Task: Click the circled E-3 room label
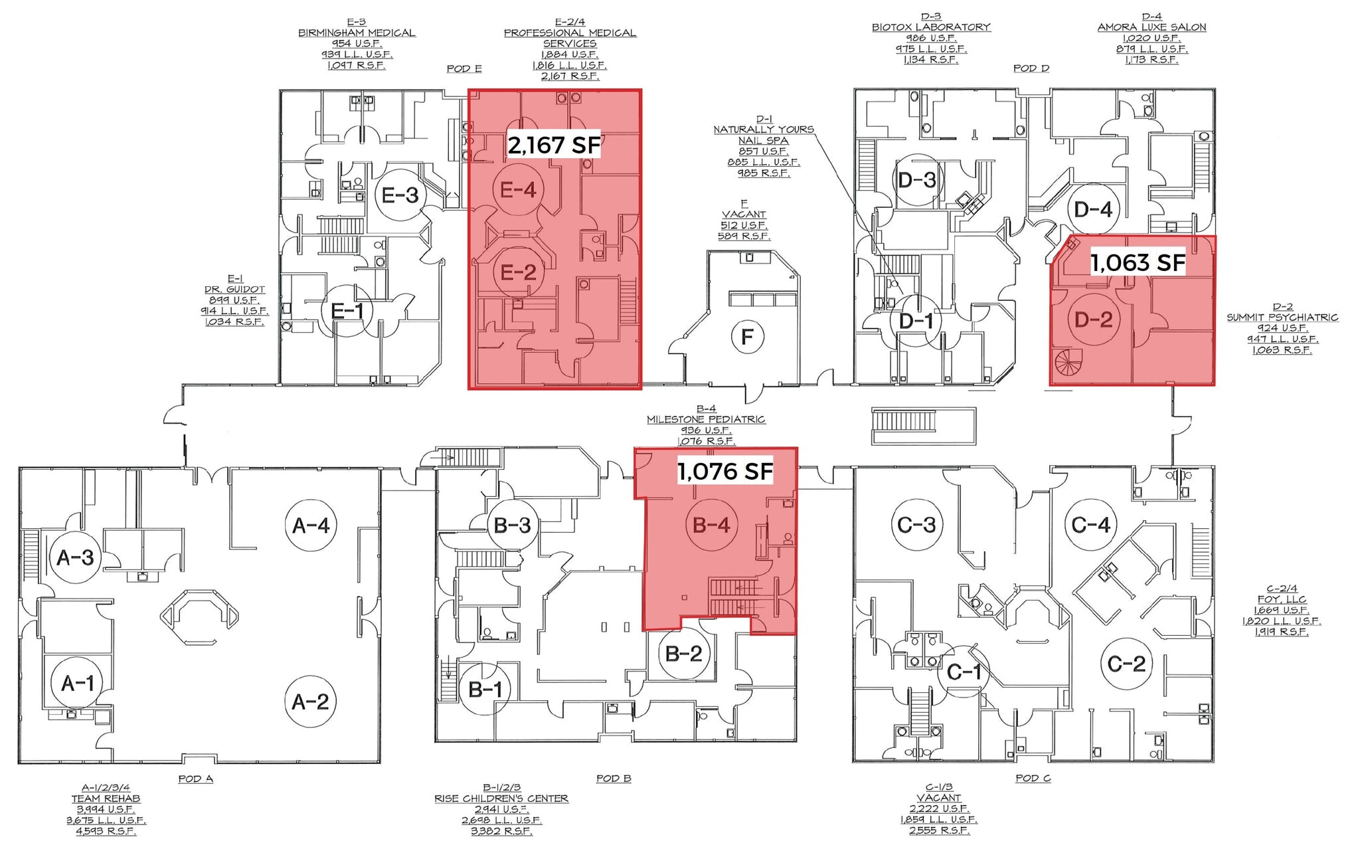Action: click(x=400, y=195)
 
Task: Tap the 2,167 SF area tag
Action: click(x=554, y=145)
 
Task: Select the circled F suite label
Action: click(x=747, y=337)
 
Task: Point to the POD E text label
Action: click(x=464, y=69)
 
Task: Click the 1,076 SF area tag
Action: click(x=724, y=472)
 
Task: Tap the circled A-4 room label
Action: click(x=310, y=525)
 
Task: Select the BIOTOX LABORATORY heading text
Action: click(x=930, y=27)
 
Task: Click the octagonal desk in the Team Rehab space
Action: click(x=199, y=616)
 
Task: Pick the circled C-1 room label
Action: click(x=963, y=672)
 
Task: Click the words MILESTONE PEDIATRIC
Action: click(x=706, y=420)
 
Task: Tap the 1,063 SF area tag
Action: click(x=1138, y=263)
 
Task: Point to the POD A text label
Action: click(x=195, y=779)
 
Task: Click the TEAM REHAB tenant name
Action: click(x=106, y=799)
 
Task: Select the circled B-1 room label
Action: click(x=485, y=689)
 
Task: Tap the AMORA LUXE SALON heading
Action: click(x=1151, y=27)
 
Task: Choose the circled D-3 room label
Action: click(x=916, y=180)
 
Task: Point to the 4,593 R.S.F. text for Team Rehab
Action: click(x=106, y=831)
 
